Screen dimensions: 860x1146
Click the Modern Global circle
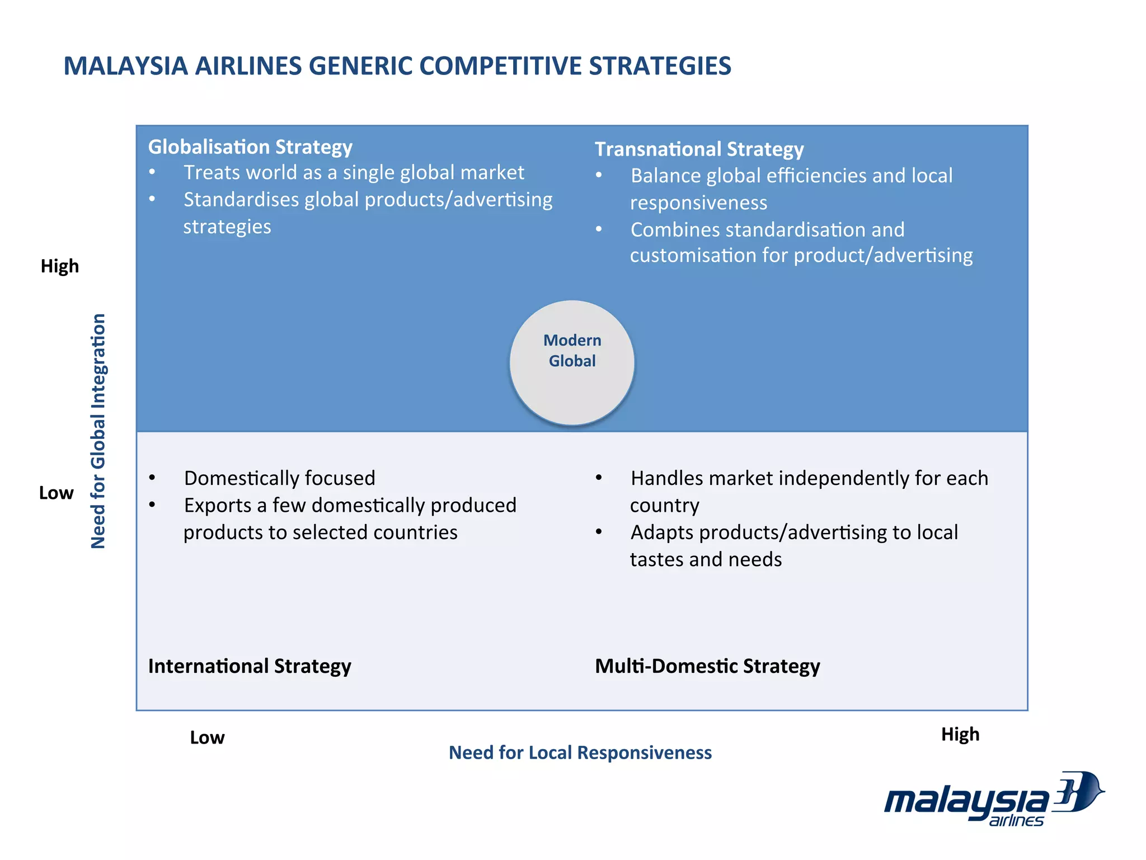(x=572, y=362)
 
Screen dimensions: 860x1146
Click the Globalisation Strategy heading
(x=250, y=147)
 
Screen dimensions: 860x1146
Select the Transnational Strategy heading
(x=699, y=149)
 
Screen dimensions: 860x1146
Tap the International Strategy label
(x=250, y=666)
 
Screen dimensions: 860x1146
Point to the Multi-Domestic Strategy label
(x=707, y=666)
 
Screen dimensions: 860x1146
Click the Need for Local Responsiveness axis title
(x=580, y=752)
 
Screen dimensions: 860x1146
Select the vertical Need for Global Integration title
(x=98, y=431)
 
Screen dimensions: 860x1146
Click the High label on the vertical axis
(x=60, y=266)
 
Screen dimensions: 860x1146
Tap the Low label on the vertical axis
(x=57, y=493)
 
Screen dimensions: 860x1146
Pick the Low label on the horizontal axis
(x=207, y=737)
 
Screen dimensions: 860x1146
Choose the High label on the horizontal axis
(x=960, y=734)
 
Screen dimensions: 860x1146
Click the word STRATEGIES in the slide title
(x=660, y=66)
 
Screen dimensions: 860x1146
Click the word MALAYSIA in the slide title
(x=125, y=66)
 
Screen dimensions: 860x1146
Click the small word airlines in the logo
(x=1016, y=821)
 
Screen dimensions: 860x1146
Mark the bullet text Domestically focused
(x=280, y=478)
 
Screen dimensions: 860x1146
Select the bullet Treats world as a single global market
(x=354, y=172)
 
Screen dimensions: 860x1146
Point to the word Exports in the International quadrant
(x=218, y=505)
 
